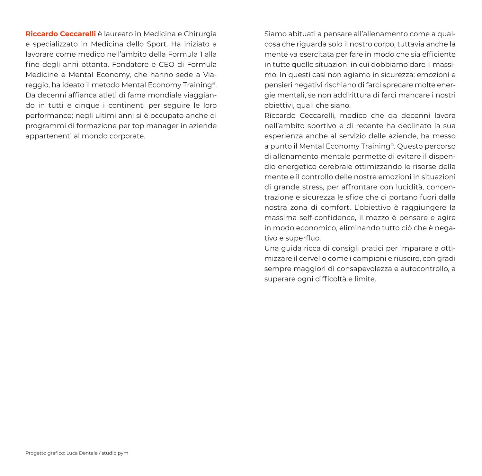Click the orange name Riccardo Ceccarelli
(x=60, y=34)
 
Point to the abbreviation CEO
(x=166, y=65)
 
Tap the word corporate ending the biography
(x=127, y=136)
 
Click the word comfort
(x=335, y=207)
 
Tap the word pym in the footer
(x=123, y=453)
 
